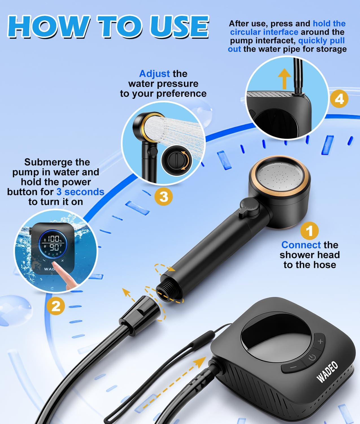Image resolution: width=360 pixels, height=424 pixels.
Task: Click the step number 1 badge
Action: (309, 231)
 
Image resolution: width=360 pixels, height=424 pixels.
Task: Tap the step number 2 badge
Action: (56, 306)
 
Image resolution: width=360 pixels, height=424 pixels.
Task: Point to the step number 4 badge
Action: (339, 99)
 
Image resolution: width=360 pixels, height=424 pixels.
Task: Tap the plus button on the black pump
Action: (320, 341)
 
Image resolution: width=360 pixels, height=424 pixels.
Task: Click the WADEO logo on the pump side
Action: (328, 372)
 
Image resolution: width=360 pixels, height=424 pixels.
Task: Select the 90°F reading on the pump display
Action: (55, 248)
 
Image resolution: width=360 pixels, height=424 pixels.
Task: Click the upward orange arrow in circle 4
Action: (284, 79)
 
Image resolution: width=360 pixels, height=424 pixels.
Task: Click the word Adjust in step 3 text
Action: (154, 74)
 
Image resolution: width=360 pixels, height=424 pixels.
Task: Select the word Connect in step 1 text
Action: (301, 245)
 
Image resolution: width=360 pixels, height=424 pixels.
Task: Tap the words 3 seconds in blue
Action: (80, 192)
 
